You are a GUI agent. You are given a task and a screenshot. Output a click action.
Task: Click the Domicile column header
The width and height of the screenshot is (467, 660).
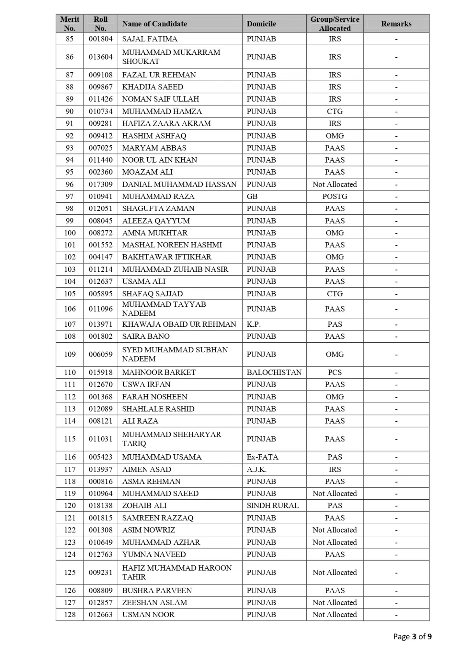point(261,24)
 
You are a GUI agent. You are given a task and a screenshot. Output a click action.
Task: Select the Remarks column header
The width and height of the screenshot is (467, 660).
point(396,24)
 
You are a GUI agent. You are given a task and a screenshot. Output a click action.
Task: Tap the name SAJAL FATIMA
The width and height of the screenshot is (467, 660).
point(150,39)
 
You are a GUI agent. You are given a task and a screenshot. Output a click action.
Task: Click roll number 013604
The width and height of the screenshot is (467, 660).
point(100,57)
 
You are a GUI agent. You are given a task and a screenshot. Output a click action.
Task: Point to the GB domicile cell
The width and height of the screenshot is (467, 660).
point(252,196)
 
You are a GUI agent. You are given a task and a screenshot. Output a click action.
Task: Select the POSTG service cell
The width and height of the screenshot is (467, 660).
point(335,196)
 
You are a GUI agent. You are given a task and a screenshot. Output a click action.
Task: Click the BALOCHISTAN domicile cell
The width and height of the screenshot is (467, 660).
point(274,372)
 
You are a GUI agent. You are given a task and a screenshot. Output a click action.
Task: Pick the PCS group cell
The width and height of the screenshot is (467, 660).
point(335,372)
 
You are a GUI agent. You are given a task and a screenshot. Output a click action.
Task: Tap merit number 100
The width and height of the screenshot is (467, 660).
point(70,233)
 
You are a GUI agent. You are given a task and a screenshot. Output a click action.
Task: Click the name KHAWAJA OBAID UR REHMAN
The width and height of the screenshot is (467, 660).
point(179,324)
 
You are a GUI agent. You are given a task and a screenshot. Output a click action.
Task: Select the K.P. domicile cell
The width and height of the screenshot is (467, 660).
point(254,324)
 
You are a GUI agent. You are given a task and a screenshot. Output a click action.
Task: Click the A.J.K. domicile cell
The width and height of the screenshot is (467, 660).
point(256,469)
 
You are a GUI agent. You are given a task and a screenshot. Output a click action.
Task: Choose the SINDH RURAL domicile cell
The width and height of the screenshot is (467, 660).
point(272,506)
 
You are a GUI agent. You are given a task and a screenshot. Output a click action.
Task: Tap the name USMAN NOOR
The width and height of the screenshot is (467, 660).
point(148,614)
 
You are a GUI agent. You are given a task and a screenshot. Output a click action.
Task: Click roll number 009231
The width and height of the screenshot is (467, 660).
point(100,572)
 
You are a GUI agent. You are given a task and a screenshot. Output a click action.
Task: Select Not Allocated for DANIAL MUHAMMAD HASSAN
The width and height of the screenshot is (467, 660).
point(335,184)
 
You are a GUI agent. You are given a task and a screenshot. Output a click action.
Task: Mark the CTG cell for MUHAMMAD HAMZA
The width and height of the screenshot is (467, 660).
point(335,112)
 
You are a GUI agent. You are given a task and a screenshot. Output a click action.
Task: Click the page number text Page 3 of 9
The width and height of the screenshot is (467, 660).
point(412,637)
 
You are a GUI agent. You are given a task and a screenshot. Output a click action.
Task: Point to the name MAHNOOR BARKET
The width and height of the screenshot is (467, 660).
point(159,372)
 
